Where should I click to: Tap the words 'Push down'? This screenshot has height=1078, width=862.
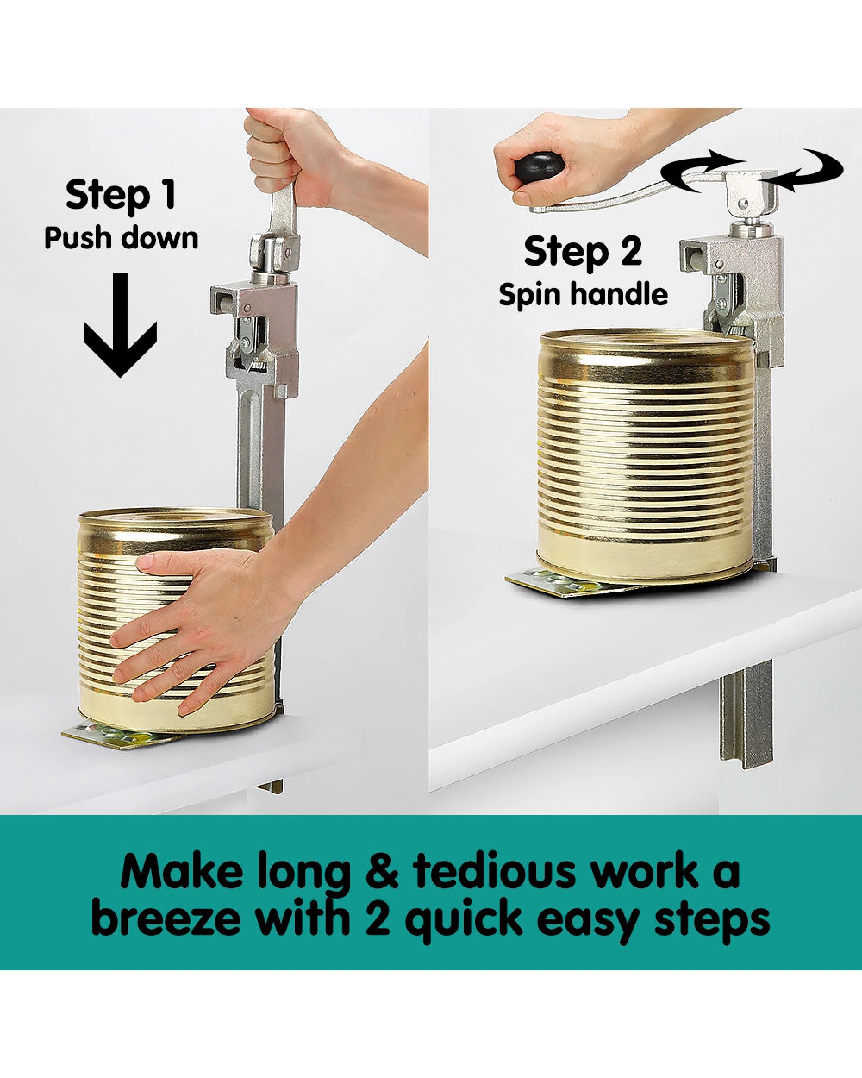pos(122,238)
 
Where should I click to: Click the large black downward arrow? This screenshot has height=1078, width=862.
pos(120,325)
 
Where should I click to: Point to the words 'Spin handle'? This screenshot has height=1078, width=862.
pos(583,295)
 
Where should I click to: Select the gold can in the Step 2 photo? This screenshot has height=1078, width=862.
pos(645,455)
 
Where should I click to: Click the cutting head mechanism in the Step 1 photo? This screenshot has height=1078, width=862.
pos(255,330)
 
